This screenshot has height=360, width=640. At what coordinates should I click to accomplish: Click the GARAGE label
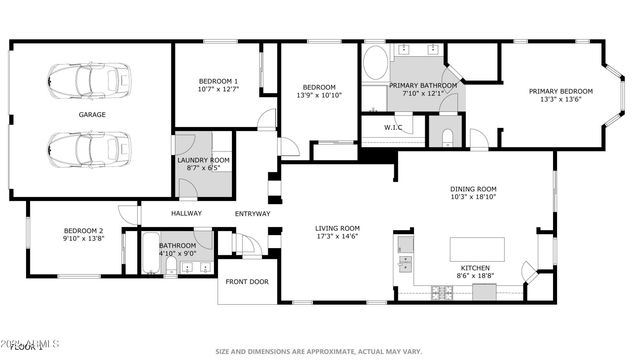click(x=92, y=115)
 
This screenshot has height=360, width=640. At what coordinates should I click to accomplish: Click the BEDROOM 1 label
click(x=217, y=81)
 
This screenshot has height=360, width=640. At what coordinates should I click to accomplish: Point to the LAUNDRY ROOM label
click(x=203, y=160)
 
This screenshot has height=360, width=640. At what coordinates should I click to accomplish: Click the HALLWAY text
click(x=186, y=213)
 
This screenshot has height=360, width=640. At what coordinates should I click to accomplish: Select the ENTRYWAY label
click(x=252, y=213)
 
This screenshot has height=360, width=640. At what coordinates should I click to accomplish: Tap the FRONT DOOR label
click(x=247, y=282)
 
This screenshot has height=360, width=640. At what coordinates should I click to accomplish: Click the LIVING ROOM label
click(x=337, y=229)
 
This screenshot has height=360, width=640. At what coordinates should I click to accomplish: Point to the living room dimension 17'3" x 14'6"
click(x=337, y=238)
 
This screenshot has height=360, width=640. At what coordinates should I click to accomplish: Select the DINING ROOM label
click(x=473, y=189)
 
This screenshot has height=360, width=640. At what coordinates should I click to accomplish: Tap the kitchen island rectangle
click(x=477, y=248)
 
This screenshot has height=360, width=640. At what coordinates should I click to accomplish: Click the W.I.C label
click(x=393, y=127)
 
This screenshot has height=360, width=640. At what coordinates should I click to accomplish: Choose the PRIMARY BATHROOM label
click(x=423, y=86)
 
